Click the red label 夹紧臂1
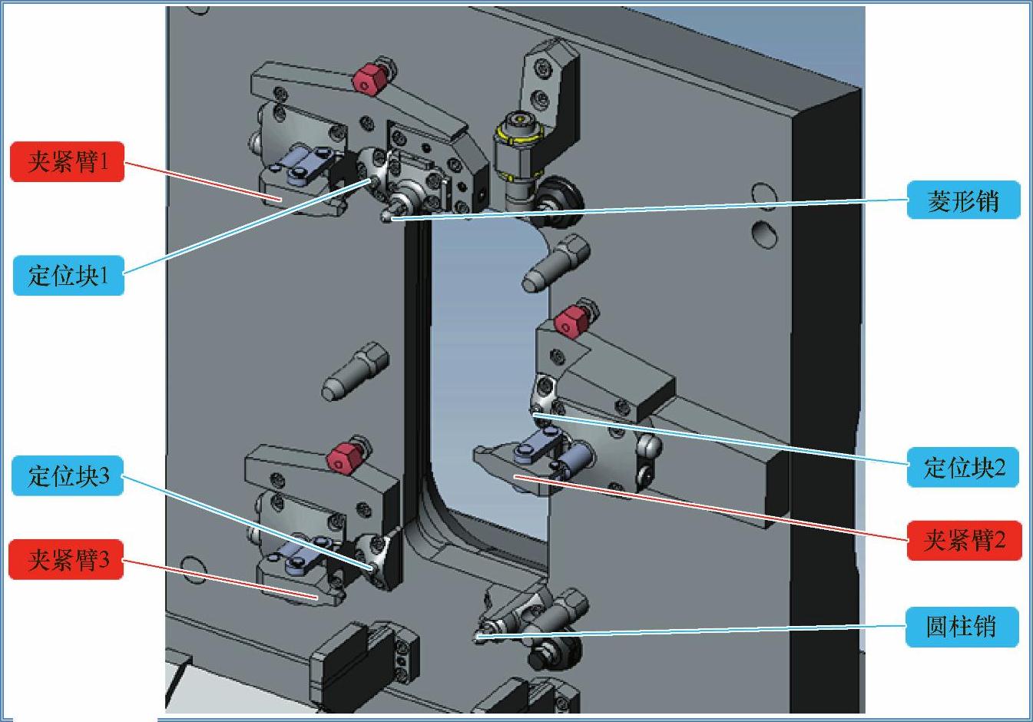pos(68,162)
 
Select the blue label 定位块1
pos(68,275)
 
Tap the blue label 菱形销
pos(963,200)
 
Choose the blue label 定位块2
pos(963,467)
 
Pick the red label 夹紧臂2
pos(965,540)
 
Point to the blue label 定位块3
pos(68,475)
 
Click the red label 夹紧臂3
pos(66,559)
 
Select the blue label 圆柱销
pos(962,627)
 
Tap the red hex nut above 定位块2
pos(571,323)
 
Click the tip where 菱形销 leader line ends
pos(390,219)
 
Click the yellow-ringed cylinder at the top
pos(516,147)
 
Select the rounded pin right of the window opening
pos(555,263)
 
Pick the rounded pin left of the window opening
pos(355,371)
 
